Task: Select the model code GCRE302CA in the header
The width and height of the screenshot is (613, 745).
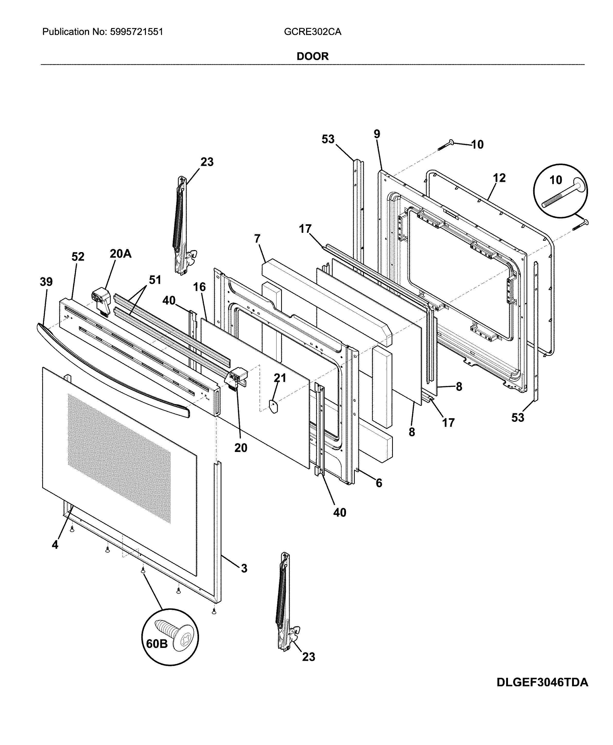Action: coord(313,32)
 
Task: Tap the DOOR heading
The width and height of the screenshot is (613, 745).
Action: coord(313,56)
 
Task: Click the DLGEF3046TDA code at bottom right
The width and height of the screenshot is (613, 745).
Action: coord(542,692)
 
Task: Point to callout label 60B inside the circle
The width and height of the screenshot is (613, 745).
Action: coord(157,644)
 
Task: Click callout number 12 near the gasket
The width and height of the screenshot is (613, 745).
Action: coord(499,178)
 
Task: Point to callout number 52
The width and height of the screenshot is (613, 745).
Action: coord(78,256)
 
